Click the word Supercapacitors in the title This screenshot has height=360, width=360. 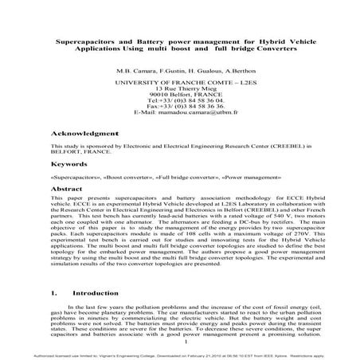coord(81,40)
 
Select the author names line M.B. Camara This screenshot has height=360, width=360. coord(179,70)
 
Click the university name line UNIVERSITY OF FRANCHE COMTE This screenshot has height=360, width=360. coord(179,82)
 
